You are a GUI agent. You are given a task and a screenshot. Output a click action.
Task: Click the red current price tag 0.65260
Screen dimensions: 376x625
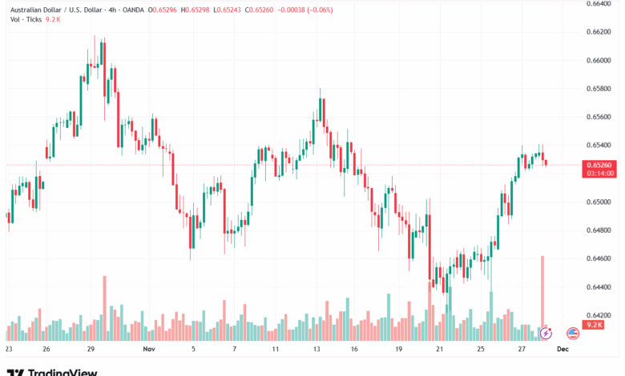point(599,165)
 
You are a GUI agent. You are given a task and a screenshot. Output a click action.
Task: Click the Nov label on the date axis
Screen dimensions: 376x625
point(148,350)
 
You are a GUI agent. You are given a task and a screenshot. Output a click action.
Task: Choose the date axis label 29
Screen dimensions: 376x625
point(92,350)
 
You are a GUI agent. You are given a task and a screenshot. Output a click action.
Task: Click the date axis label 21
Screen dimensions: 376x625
point(438,350)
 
